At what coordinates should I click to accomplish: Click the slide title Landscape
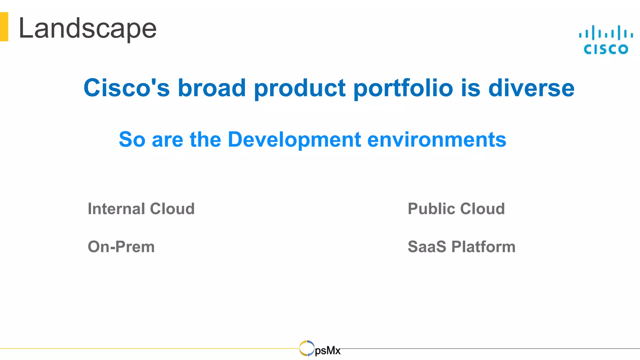(x=87, y=29)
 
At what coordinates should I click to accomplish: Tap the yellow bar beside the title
(x=4, y=27)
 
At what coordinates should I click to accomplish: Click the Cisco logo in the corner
(x=606, y=40)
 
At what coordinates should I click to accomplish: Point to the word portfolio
(x=403, y=88)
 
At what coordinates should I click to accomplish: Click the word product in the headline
(x=300, y=88)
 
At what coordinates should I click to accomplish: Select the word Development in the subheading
(x=294, y=140)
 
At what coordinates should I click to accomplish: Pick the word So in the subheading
(x=132, y=139)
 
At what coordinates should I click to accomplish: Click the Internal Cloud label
(x=141, y=209)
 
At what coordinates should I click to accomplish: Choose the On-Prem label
(x=121, y=247)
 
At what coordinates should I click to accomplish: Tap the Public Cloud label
(x=456, y=209)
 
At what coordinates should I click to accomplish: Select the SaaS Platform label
(x=462, y=247)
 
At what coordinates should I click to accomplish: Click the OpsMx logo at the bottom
(x=320, y=349)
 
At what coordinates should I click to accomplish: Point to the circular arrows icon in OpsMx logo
(x=307, y=348)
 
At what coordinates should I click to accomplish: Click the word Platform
(x=483, y=247)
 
